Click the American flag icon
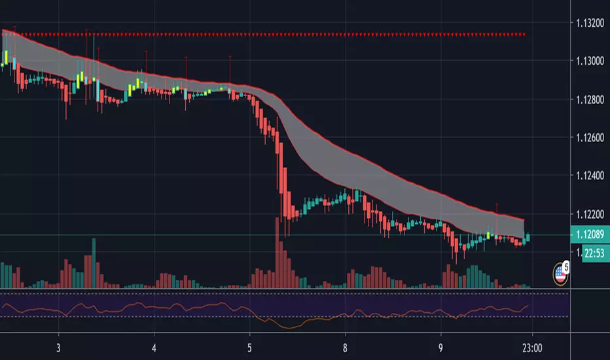click(x=560, y=274)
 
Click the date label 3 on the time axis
click(x=59, y=347)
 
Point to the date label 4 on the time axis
click(x=154, y=347)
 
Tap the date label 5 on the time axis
click(x=250, y=347)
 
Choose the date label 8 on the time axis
click(x=346, y=347)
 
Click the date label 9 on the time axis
click(x=441, y=347)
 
